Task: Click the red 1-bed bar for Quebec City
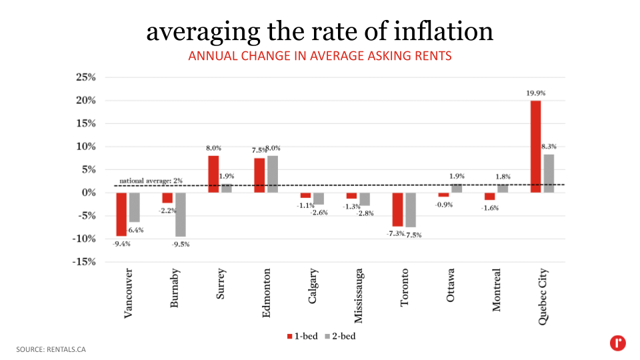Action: click(x=535, y=147)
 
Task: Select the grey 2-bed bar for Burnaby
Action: click(x=180, y=215)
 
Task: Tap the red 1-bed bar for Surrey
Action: click(x=213, y=174)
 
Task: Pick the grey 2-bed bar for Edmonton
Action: click(x=273, y=174)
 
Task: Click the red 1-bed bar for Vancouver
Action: click(x=121, y=214)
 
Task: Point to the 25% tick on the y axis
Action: click(x=85, y=77)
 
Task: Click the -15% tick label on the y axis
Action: click(x=84, y=262)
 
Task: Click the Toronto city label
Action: click(x=405, y=288)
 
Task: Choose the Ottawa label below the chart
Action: click(x=451, y=286)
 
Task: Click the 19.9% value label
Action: click(x=535, y=93)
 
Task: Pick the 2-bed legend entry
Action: click(x=339, y=336)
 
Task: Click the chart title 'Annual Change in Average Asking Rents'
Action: click(x=320, y=56)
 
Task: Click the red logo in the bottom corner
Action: click(x=617, y=343)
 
